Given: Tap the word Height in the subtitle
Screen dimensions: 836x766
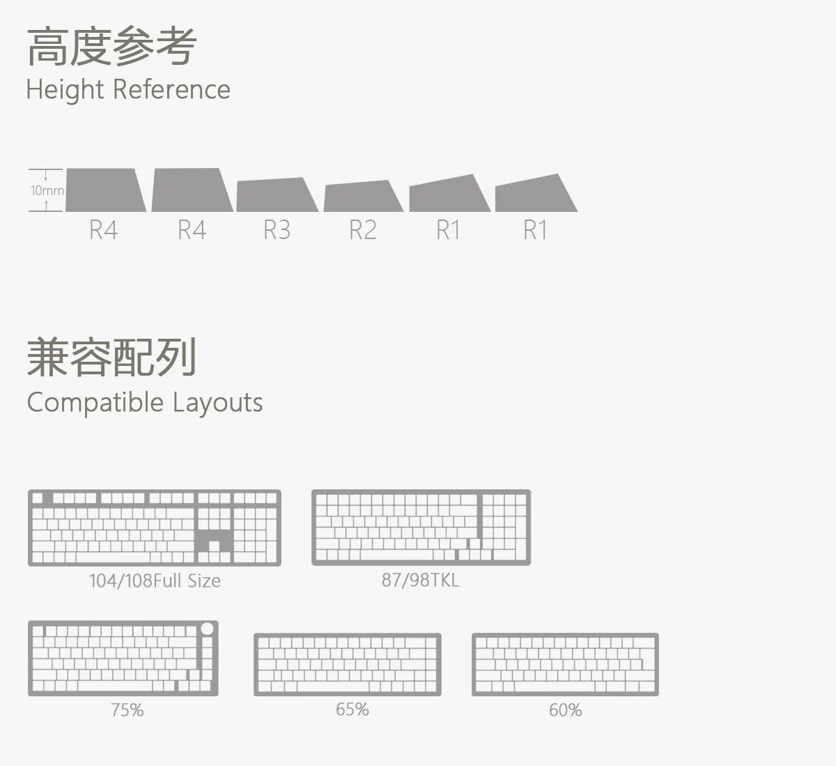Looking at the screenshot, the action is [x=65, y=90].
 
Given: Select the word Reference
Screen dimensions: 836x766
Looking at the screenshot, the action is [x=171, y=89].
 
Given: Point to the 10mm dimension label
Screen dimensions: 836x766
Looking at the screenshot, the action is [x=47, y=190].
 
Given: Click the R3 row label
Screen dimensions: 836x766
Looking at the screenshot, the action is [x=277, y=230].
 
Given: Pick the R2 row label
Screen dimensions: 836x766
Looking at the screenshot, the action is [x=362, y=230].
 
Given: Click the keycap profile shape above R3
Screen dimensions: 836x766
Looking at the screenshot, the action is [x=277, y=194].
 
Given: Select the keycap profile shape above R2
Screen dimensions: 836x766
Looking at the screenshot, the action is [x=363, y=196].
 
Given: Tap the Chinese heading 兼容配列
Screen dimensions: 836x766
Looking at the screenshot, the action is [x=111, y=358].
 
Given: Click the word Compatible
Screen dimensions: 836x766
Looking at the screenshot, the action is [x=95, y=403].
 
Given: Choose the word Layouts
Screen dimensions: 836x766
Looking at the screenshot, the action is [x=217, y=403].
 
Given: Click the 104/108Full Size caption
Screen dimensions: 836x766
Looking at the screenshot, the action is [x=155, y=581].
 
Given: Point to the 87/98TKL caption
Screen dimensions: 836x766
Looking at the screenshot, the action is [x=421, y=580].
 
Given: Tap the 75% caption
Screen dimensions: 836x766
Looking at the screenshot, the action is [x=127, y=710].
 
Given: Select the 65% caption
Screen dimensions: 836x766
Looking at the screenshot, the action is [x=353, y=710].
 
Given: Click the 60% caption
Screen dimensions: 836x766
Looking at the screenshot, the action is [x=566, y=710].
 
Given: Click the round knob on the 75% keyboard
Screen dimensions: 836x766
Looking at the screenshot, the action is [x=207, y=629].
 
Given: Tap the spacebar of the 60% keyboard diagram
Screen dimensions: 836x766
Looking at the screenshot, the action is [x=555, y=686].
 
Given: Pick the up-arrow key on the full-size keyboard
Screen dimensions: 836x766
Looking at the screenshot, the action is [x=214, y=546].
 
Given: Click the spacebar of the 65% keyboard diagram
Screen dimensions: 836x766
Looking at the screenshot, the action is [x=332, y=686].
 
